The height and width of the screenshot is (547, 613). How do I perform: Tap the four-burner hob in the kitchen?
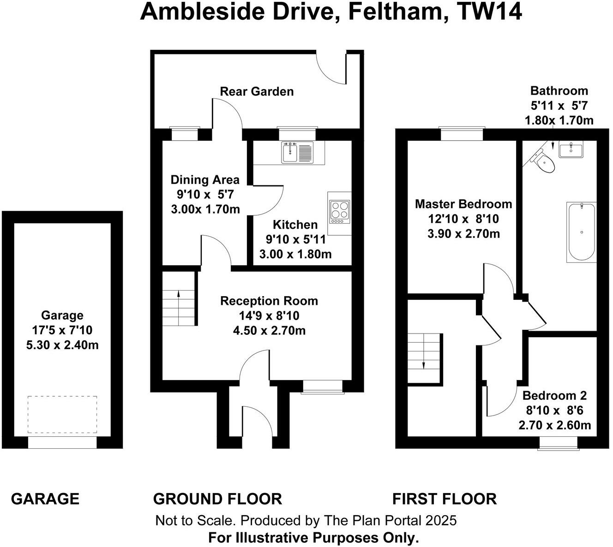tap(339, 211)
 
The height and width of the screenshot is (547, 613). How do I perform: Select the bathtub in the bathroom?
tap(582, 232)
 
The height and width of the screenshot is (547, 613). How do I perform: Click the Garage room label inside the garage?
tap(62, 315)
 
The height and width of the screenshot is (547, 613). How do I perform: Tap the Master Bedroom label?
tap(463, 204)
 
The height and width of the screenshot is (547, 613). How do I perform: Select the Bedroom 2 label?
tap(554, 395)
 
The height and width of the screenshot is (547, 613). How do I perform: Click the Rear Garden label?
tap(257, 91)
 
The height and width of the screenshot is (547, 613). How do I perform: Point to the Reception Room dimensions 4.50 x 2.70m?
tap(269, 331)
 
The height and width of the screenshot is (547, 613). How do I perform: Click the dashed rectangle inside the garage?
tap(62, 414)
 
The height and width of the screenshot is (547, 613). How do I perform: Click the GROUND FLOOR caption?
tap(217, 499)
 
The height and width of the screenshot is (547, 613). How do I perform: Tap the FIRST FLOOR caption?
tap(444, 499)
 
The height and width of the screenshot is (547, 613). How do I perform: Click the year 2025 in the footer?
tap(441, 521)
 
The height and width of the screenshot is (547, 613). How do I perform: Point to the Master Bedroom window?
tap(462, 133)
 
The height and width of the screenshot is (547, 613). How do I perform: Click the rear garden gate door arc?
tap(331, 69)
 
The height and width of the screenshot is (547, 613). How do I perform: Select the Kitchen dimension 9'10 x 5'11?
tap(295, 239)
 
